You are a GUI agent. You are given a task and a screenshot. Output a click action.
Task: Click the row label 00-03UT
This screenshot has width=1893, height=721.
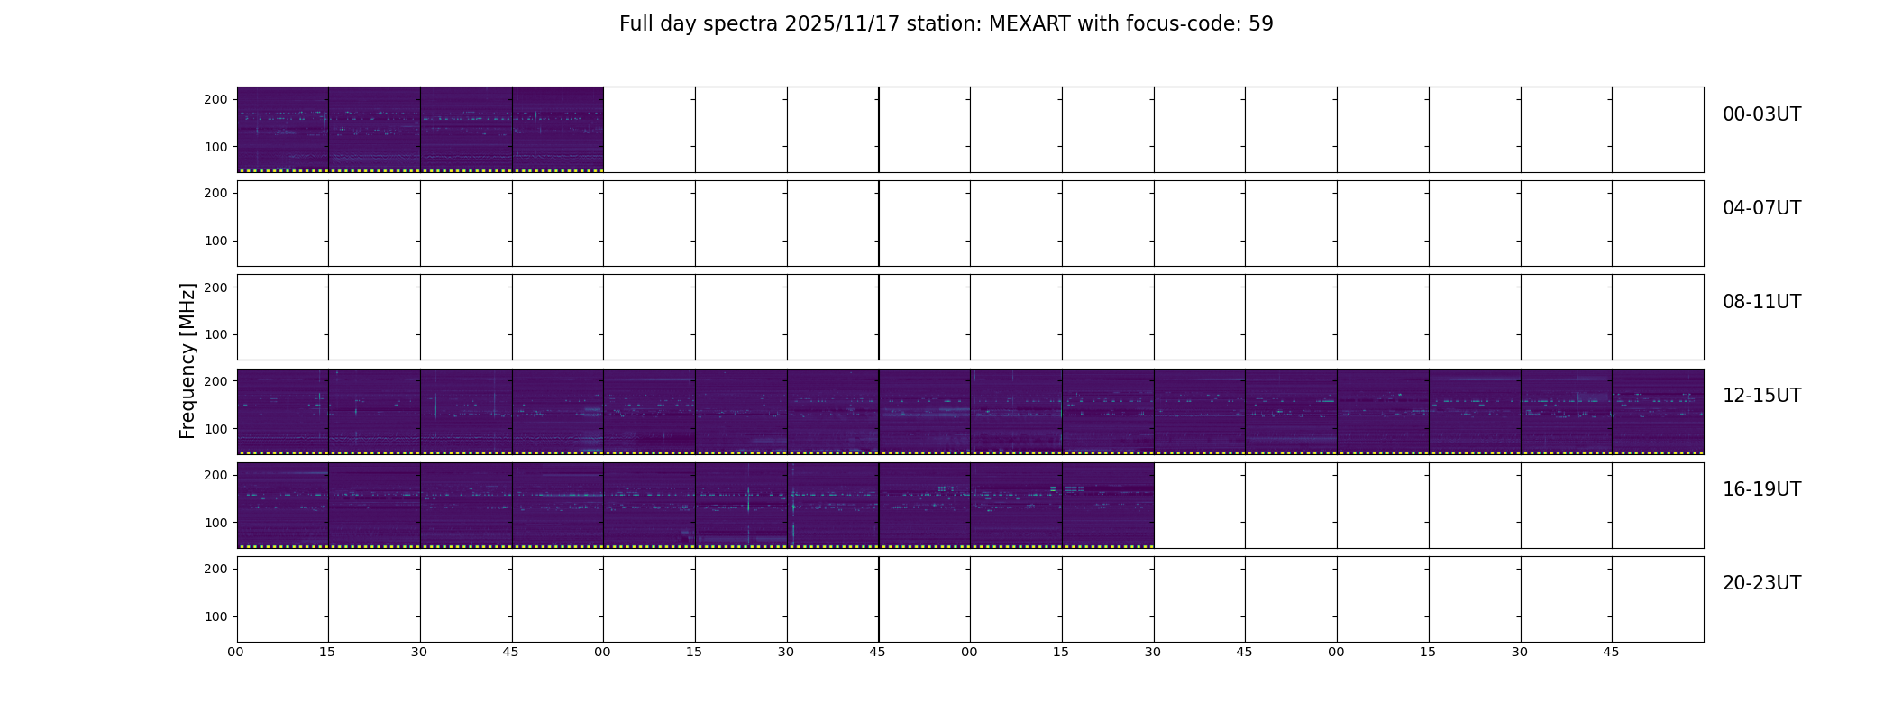pyautogui.click(x=1761, y=114)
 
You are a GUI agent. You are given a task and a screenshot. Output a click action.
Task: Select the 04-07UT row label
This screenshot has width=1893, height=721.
pyautogui.click(x=1761, y=208)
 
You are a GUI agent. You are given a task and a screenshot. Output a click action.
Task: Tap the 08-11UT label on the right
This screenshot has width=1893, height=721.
pyautogui.click(x=1761, y=302)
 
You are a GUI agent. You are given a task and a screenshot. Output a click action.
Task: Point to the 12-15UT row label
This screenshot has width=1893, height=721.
pyautogui.click(x=1761, y=396)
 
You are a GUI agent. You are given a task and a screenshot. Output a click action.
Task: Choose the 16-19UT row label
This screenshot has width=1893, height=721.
pyautogui.click(x=1761, y=489)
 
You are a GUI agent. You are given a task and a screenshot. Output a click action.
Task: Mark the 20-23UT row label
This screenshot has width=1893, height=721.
pyautogui.click(x=1761, y=583)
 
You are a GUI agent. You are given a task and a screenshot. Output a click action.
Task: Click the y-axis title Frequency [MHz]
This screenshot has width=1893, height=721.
pyautogui.click(x=187, y=360)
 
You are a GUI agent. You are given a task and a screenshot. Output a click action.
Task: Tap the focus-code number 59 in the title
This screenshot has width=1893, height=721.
pyautogui.click(x=1261, y=24)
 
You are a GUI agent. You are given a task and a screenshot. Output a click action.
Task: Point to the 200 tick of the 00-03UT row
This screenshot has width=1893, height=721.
pyautogui.click(x=215, y=99)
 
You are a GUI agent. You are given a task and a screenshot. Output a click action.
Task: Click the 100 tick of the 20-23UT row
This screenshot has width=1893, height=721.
pyautogui.click(x=215, y=616)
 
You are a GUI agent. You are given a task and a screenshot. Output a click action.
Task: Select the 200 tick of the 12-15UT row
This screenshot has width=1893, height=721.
pyautogui.click(x=215, y=381)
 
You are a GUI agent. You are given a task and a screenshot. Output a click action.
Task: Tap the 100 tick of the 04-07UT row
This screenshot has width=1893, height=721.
pyautogui.click(x=215, y=241)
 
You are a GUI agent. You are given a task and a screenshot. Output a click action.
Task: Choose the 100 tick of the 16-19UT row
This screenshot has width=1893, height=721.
pyautogui.click(x=215, y=523)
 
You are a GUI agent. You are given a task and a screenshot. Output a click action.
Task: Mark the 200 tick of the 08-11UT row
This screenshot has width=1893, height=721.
pyautogui.click(x=215, y=287)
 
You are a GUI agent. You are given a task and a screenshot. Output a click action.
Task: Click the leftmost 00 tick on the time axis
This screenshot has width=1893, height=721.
pyautogui.click(x=236, y=652)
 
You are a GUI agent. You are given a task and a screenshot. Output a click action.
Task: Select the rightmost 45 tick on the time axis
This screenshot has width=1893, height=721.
pyautogui.click(x=1611, y=652)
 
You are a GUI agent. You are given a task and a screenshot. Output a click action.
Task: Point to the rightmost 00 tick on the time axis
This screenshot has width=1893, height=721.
pyautogui.click(x=1336, y=652)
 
